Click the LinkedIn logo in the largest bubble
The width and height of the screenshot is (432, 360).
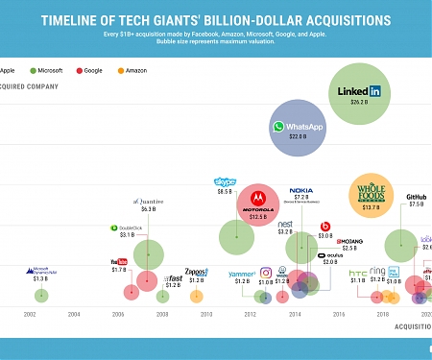pos(360,91)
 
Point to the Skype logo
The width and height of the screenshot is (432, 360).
pos(226,181)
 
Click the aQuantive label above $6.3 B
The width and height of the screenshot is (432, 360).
pos(148,201)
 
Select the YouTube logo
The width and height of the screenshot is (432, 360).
pos(119,262)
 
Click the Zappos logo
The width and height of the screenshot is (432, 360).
pos(196,272)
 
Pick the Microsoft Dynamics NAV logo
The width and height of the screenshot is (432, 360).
pos(40,271)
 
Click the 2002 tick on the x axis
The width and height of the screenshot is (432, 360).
pos(30,314)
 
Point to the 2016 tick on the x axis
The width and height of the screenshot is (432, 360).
pos(338,314)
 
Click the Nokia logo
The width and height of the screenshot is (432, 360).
pos(301,192)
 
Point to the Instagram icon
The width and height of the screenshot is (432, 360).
pos(266,274)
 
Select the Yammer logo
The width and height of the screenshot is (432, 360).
pos(242,274)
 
